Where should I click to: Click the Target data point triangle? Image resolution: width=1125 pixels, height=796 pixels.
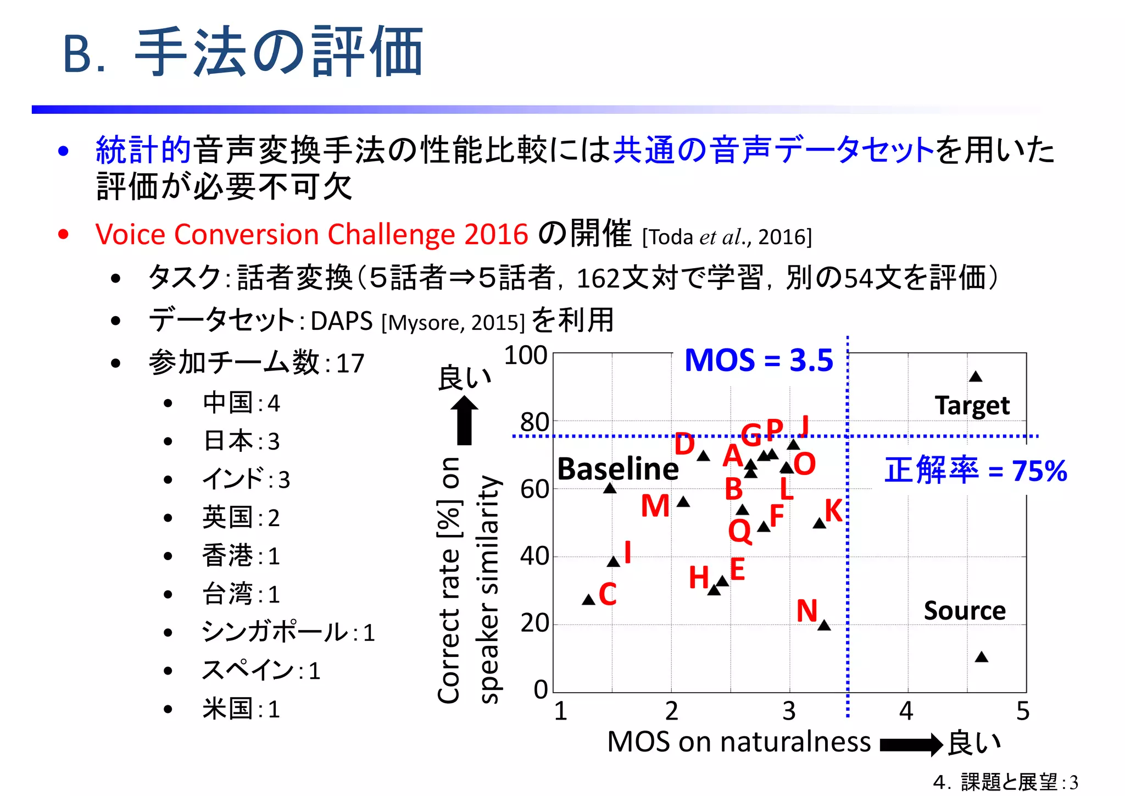[x=976, y=377]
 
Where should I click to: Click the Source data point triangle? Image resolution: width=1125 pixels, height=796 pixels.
[x=982, y=657]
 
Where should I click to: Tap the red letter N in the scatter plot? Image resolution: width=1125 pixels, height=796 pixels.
[x=807, y=611]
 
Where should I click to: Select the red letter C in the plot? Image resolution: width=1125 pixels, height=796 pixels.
[x=608, y=594]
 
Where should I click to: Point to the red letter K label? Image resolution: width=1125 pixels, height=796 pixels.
[x=834, y=511]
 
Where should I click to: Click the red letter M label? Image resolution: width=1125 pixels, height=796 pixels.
[x=655, y=506]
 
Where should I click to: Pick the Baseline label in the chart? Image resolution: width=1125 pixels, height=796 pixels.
[x=618, y=469]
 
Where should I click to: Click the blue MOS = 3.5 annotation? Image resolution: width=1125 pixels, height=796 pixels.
[x=759, y=361]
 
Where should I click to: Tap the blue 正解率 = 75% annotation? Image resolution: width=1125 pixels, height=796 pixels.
[x=976, y=471]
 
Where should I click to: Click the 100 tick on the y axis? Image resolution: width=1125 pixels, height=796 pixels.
[x=526, y=356]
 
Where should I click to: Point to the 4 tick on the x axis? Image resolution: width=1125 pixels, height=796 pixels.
[x=906, y=711]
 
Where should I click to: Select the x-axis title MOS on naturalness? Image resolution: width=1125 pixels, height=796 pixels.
[x=739, y=742]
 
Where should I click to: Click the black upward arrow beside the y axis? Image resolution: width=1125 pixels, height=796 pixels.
[x=465, y=420]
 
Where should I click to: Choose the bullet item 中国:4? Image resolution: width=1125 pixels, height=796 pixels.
[x=241, y=403]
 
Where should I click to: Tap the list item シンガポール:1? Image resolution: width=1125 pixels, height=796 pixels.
[x=288, y=632]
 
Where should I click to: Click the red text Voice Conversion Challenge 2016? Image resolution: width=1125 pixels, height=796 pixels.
[x=311, y=235]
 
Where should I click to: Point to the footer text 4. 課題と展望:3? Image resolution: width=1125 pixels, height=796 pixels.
[x=1005, y=782]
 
